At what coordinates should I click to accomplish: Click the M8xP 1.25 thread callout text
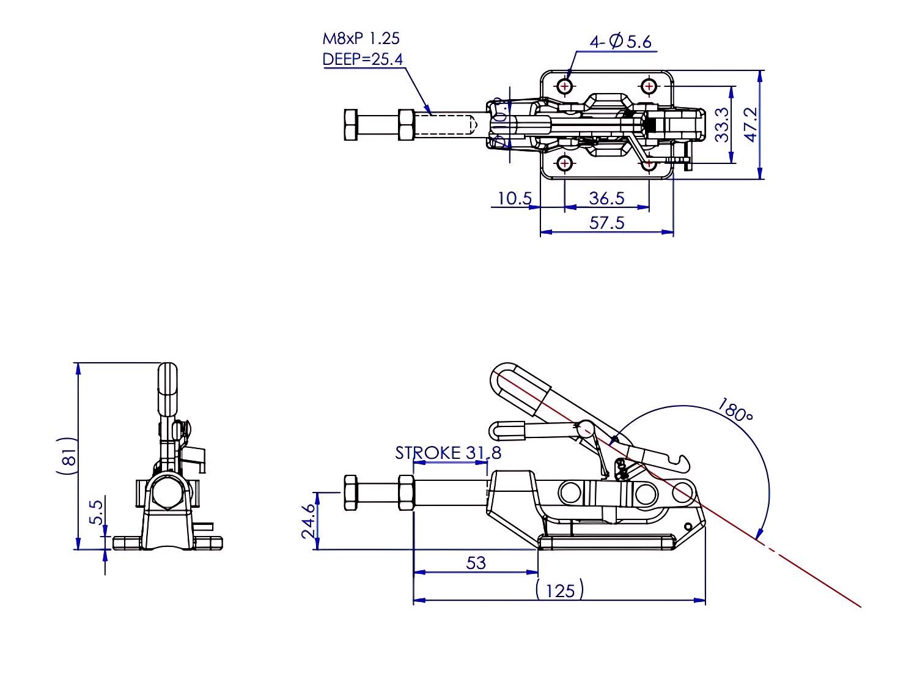(361, 39)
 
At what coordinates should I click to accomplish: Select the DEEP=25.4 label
(362, 59)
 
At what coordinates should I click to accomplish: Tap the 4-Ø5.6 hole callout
(620, 42)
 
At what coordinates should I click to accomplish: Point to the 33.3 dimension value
(722, 125)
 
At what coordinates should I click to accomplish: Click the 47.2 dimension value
(751, 125)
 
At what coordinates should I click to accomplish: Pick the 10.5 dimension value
(515, 198)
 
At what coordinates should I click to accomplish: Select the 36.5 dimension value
(606, 198)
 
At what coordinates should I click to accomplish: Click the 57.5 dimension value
(606, 223)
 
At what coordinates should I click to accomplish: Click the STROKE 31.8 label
(448, 453)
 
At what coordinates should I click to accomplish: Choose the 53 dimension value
(476, 562)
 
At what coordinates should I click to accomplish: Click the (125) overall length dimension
(560, 590)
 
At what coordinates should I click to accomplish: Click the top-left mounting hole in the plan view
(565, 86)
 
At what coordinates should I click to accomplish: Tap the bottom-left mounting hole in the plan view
(565, 163)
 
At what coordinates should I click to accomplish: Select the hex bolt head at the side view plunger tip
(351, 493)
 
